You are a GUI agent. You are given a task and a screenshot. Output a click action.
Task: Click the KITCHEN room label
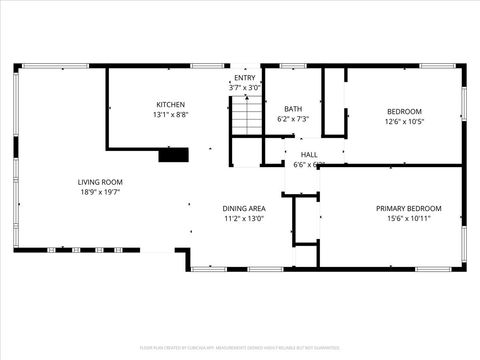click(x=170, y=105)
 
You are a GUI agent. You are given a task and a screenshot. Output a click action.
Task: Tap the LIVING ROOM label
click(x=100, y=182)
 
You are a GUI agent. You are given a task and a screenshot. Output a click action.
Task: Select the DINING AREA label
click(x=243, y=208)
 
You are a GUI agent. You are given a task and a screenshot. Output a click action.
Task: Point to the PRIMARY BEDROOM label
click(x=408, y=208)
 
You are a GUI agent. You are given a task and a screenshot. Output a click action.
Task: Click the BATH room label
click(x=293, y=109)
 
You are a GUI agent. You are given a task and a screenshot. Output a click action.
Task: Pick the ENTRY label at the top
click(x=245, y=78)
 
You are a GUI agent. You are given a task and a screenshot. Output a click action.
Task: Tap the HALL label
click(x=308, y=155)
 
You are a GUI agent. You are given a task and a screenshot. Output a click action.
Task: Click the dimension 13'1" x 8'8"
click(x=170, y=115)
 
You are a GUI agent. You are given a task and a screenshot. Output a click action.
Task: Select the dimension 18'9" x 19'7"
click(x=100, y=192)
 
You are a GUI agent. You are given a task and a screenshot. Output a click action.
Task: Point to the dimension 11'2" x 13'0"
click(x=243, y=218)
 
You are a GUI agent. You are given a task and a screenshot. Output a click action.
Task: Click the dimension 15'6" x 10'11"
click(x=408, y=218)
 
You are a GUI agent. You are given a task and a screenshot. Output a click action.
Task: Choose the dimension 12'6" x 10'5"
click(x=404, y=121)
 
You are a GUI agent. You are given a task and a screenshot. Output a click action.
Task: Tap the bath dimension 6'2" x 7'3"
click(x=293, y=119)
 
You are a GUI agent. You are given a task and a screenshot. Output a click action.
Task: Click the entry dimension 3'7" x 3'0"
click(x=245, y=88)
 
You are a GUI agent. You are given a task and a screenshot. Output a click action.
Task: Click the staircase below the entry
click(x=246, y=121)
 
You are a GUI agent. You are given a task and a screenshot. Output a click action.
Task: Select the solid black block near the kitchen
click(x=173, y=154)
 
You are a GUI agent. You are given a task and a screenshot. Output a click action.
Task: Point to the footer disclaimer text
click(x=240, y=348)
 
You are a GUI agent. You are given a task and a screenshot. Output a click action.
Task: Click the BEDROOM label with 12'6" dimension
click(x=404, y=111)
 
